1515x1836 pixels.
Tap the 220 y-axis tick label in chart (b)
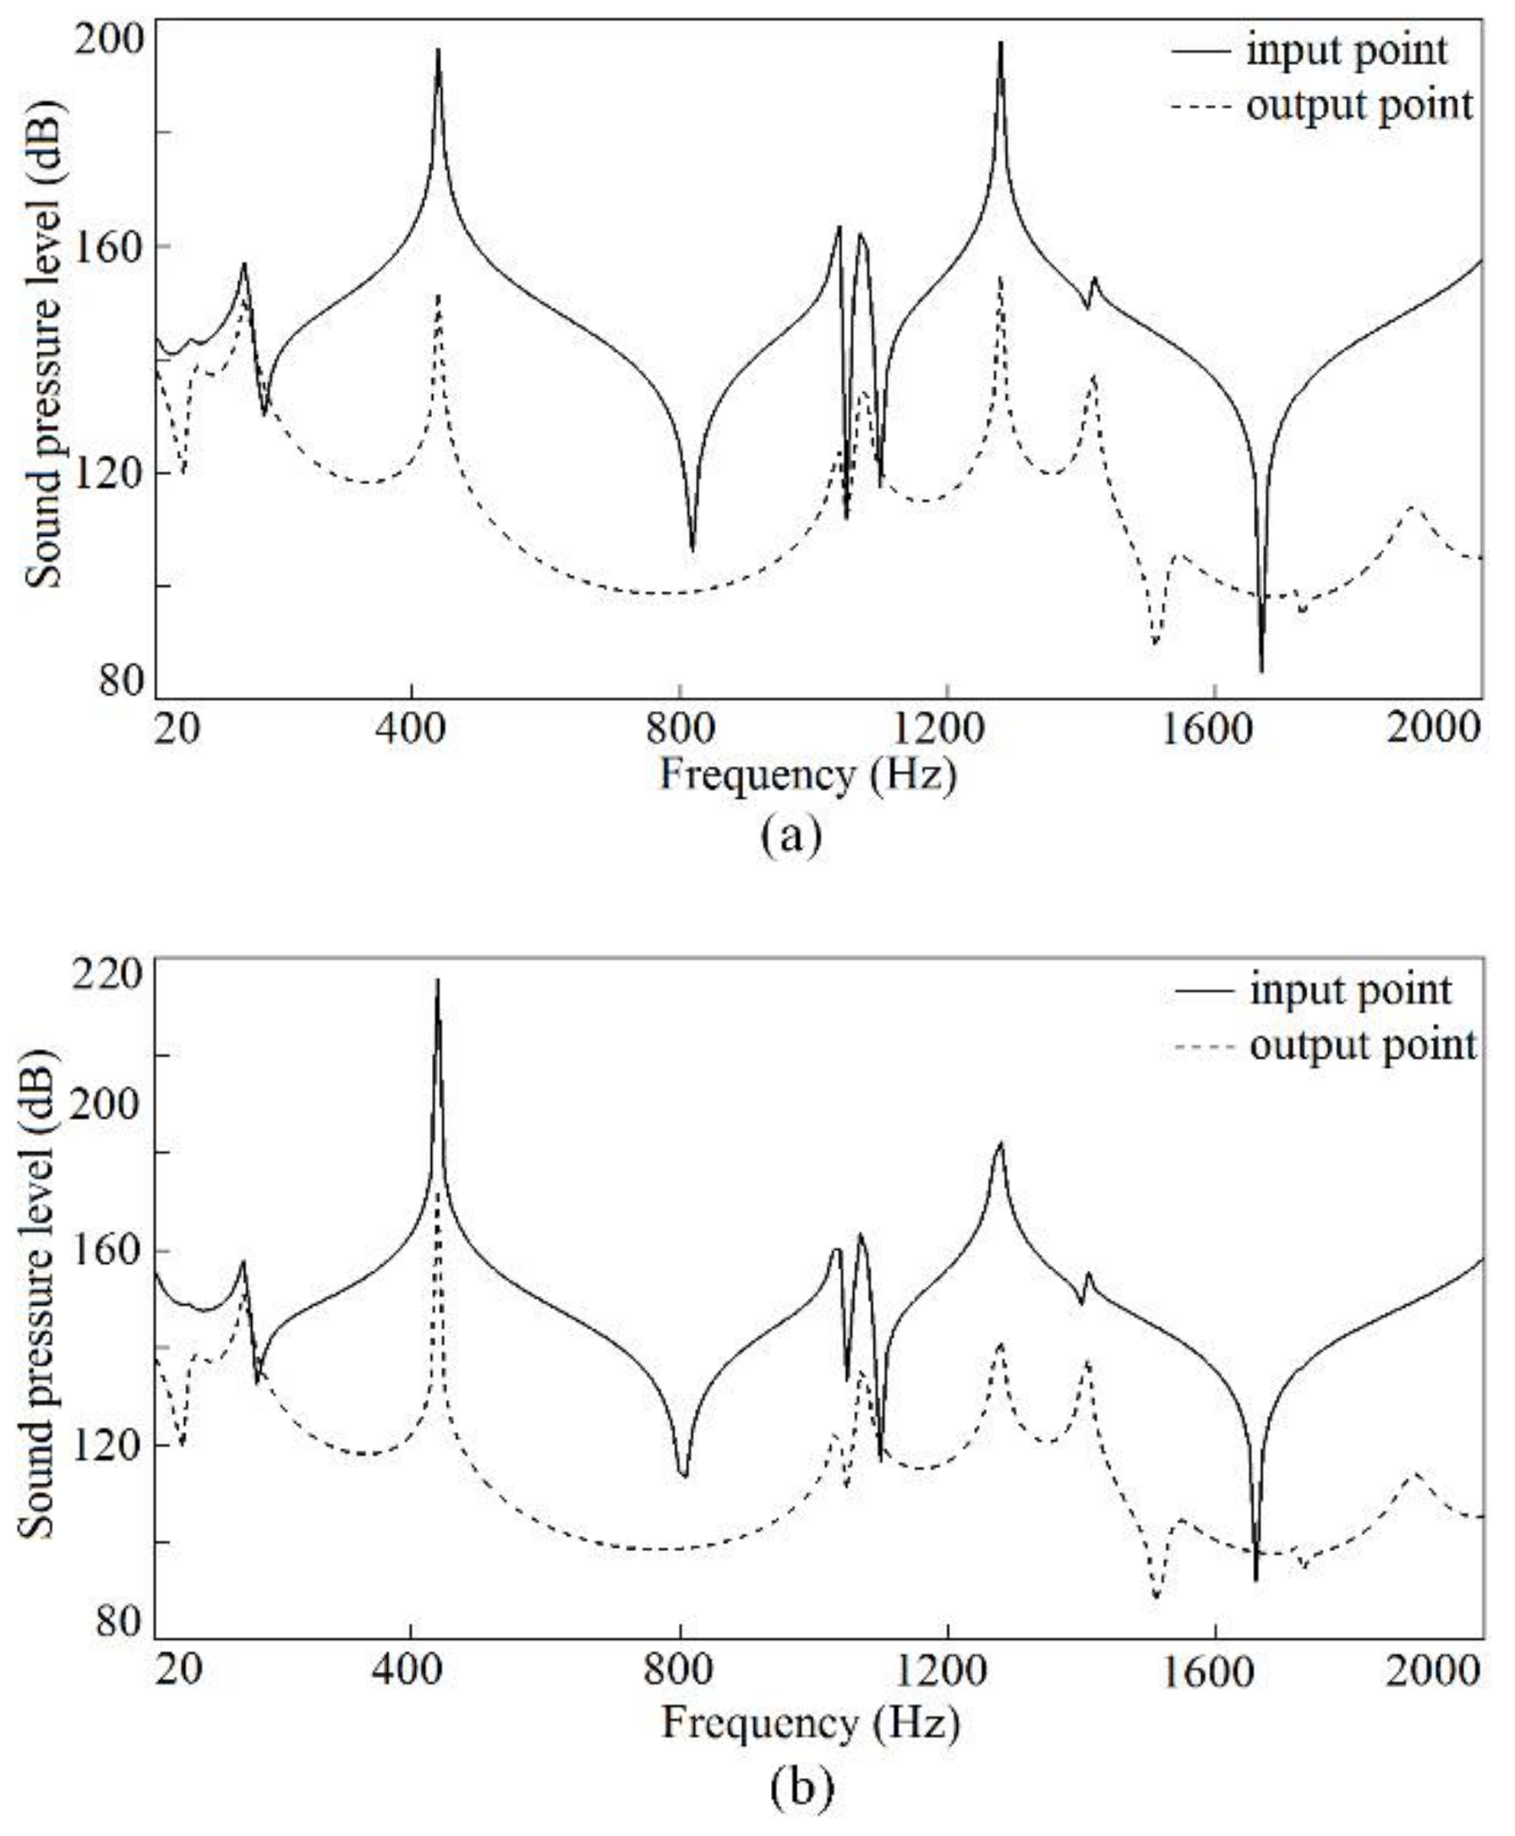[x=109, y=975]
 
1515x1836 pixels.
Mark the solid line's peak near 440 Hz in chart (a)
[x=438, y=50]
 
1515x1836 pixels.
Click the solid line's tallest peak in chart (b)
[x=437, y=980]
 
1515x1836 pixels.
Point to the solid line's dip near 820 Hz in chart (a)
[x=693, y=549]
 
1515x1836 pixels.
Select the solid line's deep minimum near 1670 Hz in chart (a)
[x=1261, y=670]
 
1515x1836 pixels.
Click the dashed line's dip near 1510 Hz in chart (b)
[x=1157, y=1597]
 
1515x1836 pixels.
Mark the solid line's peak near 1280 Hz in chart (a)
[x=1000, y=43]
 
